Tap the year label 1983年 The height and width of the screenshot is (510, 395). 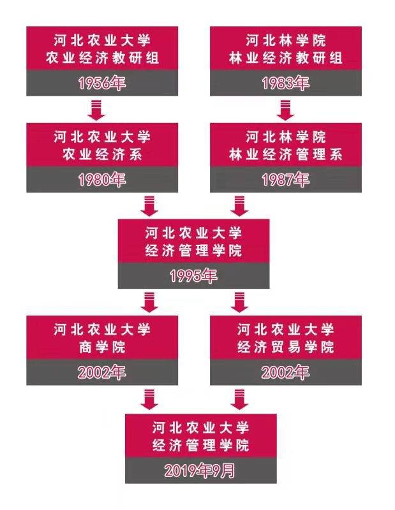tap(286, 84)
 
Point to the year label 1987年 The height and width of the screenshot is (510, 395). tap(286, 180)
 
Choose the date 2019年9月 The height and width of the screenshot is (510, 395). tap(200, 471)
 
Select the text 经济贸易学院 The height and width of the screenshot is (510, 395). tap(286, 347)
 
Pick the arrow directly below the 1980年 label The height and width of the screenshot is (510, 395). tap(149, 205)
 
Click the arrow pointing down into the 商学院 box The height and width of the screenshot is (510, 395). tap(149, 302)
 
